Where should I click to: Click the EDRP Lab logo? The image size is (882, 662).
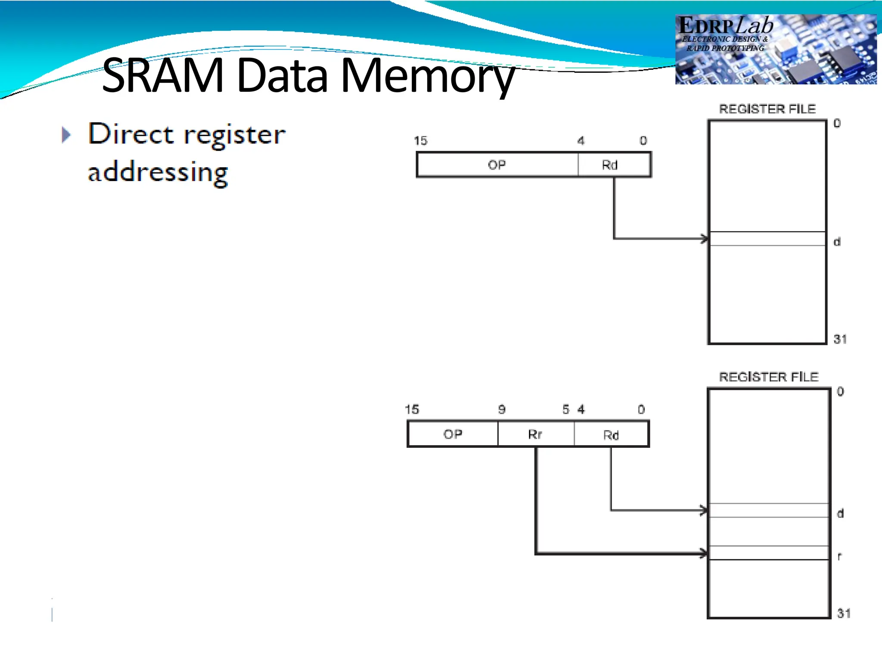(775, 49)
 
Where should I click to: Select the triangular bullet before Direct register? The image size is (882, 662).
(66, 135)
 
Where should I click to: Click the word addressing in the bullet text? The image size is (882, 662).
(158, 172)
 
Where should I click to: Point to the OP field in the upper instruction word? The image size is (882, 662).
(497, 165)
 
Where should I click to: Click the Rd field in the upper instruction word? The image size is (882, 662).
(610, 165)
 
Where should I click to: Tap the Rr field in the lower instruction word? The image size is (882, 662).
(535, 434)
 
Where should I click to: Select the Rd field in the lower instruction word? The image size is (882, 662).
(611, 435)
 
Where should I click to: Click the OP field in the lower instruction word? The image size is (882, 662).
(453, 434)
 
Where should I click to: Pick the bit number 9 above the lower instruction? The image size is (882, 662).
(502, 409)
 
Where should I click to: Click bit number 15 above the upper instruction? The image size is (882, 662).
(420, 141)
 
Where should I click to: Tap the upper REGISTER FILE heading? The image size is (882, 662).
(767, 109)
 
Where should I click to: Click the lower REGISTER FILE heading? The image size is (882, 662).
(769, 377)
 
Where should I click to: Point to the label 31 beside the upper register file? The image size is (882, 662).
(840, 339)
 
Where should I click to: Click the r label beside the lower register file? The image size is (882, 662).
(839, 556)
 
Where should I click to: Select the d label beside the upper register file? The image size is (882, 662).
(837, 242)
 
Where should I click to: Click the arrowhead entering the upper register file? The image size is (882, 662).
(704, 238)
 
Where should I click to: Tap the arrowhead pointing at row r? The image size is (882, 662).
(703, 553)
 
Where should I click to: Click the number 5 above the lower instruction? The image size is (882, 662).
(566, 409)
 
